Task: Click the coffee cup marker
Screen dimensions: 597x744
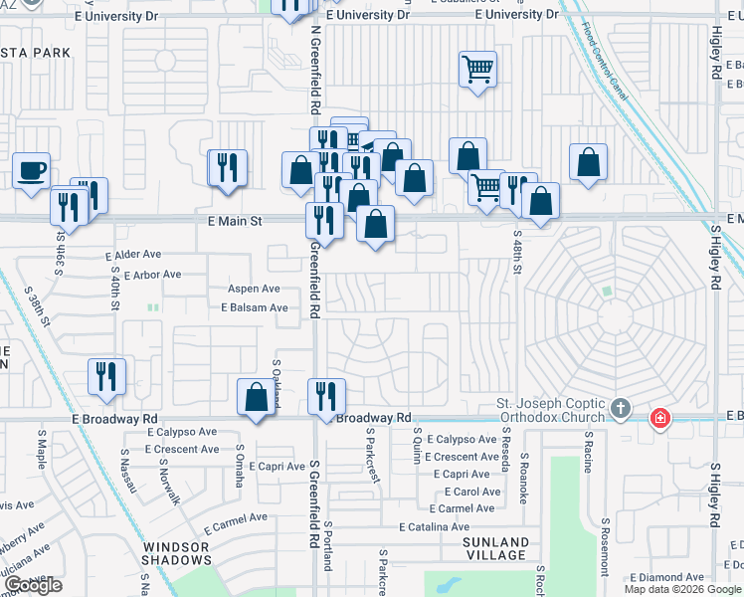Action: pyautogui.click(x=32, y=170)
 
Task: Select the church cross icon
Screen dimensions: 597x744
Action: pyautogui.click(x=621, y=409)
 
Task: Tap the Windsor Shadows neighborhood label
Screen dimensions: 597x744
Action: pyautogui.click(x=176, y=553)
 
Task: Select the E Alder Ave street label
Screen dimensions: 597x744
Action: pyautogui.click(x=132, y=256)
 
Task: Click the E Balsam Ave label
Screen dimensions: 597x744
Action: pyautogui.click(x=255, y=308)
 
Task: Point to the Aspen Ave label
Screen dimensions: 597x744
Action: pyautogui.click(x=254, y=289)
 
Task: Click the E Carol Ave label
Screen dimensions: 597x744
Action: pyautogui.click(x=471, y=492)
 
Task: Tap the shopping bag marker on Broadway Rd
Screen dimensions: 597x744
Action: pyautogui.click(x=256, y=396)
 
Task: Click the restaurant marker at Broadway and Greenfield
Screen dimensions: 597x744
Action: pyautogui.click(x=326, y=396)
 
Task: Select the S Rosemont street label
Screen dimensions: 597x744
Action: pyautogui.click(x=604, y=545)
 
